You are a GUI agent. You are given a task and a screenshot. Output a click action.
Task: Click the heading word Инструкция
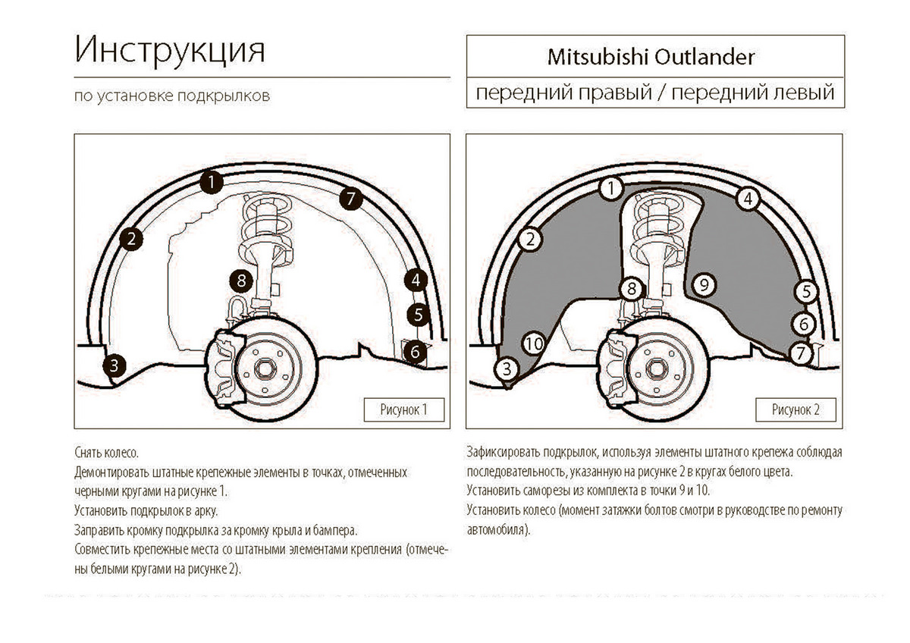pyautogui.click(x=170, y=52)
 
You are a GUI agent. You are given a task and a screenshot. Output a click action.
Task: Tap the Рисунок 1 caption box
pyautogui.click(x=403, y=410)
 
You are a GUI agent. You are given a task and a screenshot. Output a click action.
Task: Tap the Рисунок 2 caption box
pyautogui.click(x=795, y=410)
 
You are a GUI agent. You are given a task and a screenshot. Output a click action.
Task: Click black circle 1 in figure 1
pyautogui.click(x=212, y=182)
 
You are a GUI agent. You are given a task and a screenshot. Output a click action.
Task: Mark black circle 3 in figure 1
pyautogui.click(x=114, y=366)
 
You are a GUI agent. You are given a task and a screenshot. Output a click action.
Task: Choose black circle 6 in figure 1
pyautogui.click(x=414, y=351)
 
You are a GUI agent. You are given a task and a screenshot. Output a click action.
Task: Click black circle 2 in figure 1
pyautogui.click(x=131, y=240)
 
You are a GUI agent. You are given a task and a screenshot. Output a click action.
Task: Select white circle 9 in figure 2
pyautogui.click(x=704, y=285)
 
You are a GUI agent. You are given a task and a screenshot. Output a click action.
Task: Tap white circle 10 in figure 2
pyautogui.click(x=534, y=343)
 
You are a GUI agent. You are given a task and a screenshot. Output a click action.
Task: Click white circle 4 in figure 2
pyautogui.click(x=748, y=199)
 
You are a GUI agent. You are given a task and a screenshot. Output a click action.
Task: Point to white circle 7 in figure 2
pyautogui.click(x=799, y=353)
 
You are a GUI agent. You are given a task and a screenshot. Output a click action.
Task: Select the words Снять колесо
pyautogui.click(x=107, y=453)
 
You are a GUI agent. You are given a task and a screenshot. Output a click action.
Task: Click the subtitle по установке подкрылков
pyautogui.click(x=171, y=97)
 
